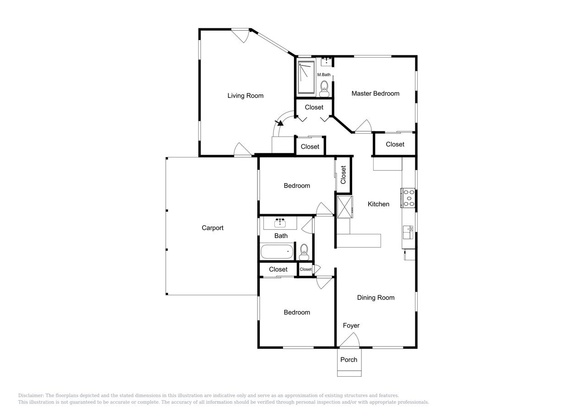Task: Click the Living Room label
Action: coord(245,96)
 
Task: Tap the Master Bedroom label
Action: coord(375,93)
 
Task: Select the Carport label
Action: coord(212,228)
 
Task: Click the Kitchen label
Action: coord(378,204)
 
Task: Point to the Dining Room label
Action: coord(376,298)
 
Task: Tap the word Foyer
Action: coord(351,325)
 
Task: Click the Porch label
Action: coord(349,359)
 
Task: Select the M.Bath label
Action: coord(324,75)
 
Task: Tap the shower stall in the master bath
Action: coord(306,77)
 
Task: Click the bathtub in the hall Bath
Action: coord(277,252)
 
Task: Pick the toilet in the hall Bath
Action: coord(304,252)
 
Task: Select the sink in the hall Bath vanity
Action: coord(279,223)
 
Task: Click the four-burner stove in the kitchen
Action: coord(408,198)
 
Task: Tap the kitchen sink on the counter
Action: coord(407,232)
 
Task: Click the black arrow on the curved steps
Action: coord(278,122)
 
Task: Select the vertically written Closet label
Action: coord(343,174)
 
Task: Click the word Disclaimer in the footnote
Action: coord(30,396)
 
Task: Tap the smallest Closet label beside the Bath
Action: coord(305,269)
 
